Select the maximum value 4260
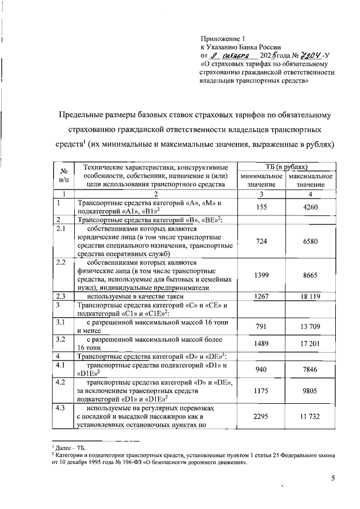point(310,208)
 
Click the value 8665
point(310,276)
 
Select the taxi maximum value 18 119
point(310,296)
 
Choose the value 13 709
point(310,327)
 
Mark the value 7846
point(310,370)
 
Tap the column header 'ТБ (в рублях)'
point(286,167)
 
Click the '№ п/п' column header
point(64,175)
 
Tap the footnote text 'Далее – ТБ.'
point(70,447)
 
